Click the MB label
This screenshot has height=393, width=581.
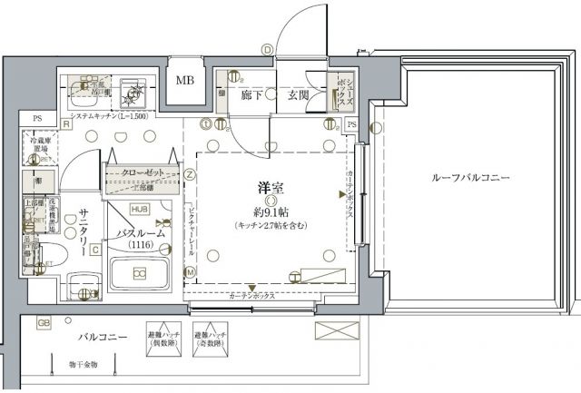pyautogui.click(x=184, y=81)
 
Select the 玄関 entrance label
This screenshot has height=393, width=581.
pyautogui.click(x=299, y=94)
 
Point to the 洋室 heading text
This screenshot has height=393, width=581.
pyautogui.click(x=268, y=189)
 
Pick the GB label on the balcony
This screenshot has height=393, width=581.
pyautogui.click(x=43, y=323)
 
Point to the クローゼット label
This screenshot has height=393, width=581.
pyautogui.click(x=142, y=172)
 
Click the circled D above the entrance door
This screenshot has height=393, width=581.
pyautogui.click(x=267, y=49)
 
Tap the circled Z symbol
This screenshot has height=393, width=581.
pyautogui.click(x=190, y=173)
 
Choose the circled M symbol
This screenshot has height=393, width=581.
pyautogui.click(x=190, y=271)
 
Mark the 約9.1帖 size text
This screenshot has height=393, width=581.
pyautogui.click(x=269, y=212)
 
